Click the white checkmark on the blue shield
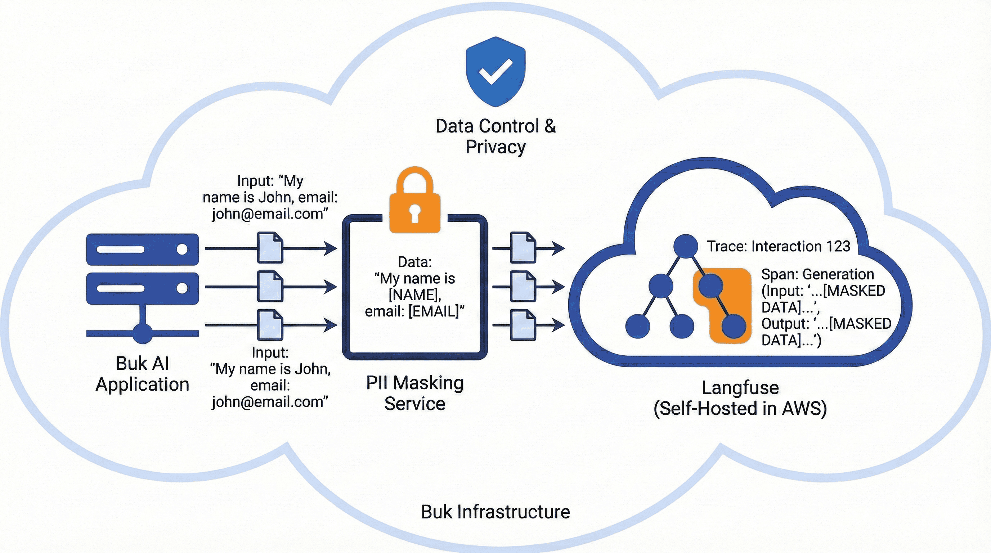tap(495, 72)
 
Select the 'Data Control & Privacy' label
tap(495, 136)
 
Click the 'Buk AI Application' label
tap(142, 374)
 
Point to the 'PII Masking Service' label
tap(415, 393)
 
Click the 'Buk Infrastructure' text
tap(495, 512)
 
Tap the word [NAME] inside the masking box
tap(415, 295)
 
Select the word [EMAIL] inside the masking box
tap(434, 311)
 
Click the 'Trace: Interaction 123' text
tap(779, 247)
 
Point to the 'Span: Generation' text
tap(817, 274)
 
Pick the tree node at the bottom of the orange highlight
tap(733, 326)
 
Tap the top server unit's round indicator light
tap(182, 249)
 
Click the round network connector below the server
tap(142, 333)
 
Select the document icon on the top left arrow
tap(270, 248)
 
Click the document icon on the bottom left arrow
tap(270, 325)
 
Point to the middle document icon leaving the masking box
tap(523, 287)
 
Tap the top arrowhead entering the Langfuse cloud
tap(559, 248)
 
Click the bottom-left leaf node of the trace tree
tap(637, 326)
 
